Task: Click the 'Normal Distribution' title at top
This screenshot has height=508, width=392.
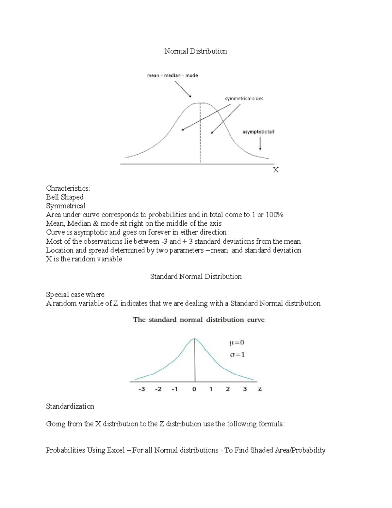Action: coord(195,51)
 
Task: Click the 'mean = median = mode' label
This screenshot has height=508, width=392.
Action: coord(172,76)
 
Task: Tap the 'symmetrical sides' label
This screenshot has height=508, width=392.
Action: coord(244,98)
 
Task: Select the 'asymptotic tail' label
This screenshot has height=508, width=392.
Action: coord(258,132)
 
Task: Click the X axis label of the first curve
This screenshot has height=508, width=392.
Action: coord(276,170)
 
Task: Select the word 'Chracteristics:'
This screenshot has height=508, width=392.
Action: coord(68,188)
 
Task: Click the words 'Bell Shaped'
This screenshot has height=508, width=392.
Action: coord(65,197)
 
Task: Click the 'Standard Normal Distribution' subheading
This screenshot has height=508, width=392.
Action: coord(196,277)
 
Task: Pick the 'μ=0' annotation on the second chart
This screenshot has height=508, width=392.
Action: coord(237,342)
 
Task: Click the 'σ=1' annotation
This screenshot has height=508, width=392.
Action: coord(237,355)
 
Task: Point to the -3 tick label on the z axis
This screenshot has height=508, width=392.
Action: coord(141,389)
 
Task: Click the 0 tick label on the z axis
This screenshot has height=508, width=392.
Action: coord(194,389)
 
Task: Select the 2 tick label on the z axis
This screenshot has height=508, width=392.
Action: coord(228,389)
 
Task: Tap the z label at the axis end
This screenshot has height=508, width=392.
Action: coord(260,389)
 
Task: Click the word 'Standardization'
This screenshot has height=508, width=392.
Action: coord(70,407)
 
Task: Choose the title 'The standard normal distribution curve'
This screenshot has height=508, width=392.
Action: coord(199,320)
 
